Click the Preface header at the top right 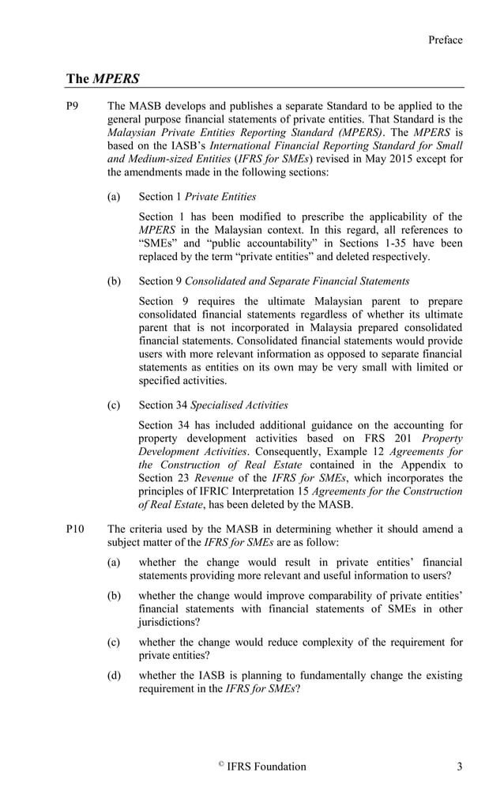click(445, 40)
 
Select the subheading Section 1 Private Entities click(197, 197)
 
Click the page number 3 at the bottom click(459, 766)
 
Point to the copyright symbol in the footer click(220, 764)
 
